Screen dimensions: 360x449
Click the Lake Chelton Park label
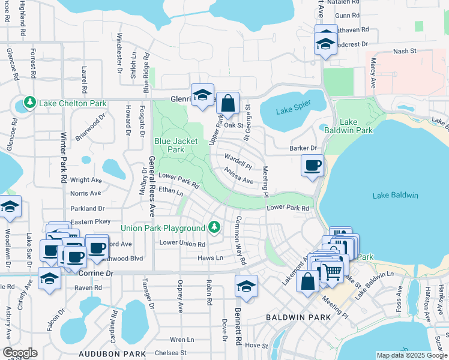pos(72,103)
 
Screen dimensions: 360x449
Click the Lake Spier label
pos(292,110)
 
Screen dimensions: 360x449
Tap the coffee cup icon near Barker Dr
pos(312,166)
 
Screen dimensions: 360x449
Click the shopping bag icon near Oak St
pos(228,103)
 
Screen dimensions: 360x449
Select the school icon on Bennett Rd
pos(246,286)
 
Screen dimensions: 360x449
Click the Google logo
pos(20,352)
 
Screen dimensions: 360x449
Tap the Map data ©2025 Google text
pos(411,355)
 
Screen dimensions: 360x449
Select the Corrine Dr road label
pos(96,273)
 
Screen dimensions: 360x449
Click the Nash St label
pos(405,52)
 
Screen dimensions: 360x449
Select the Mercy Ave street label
pos(373,75)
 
